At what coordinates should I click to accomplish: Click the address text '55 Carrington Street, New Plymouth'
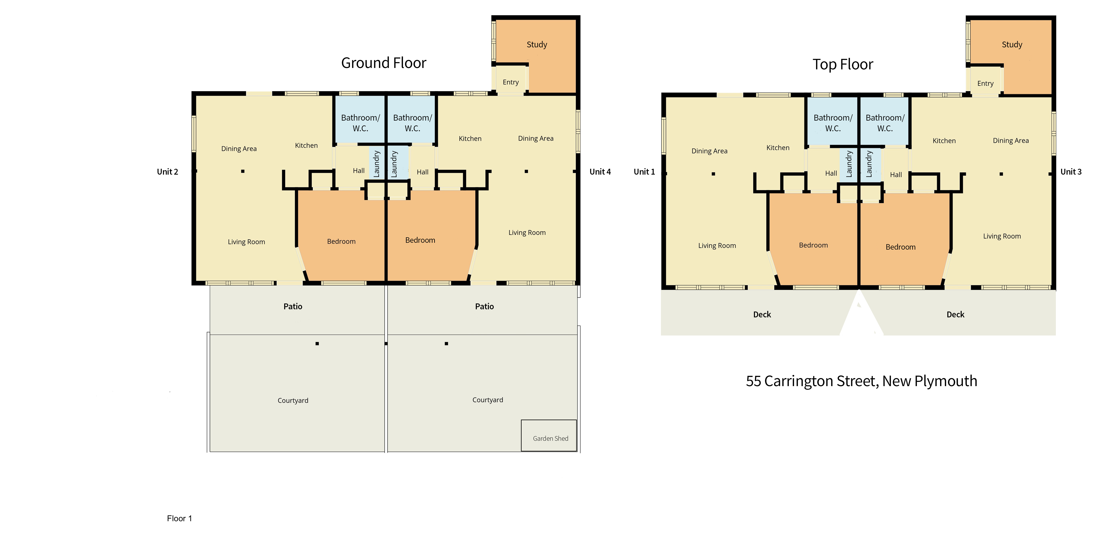pos(861,381)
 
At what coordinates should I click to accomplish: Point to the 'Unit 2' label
pos(167,172)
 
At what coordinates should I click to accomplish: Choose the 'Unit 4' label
pos(600,172)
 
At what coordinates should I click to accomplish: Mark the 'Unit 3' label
pos(1071,172)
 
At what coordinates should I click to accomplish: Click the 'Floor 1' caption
pos(179,518)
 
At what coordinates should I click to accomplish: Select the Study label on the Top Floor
pos(1012,45)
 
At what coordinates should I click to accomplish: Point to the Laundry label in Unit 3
pos(869,164)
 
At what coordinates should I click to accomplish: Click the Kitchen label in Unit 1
pos(778,148)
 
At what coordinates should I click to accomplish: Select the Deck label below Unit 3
pos(955,315)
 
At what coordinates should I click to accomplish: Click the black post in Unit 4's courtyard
pos(446,343)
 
